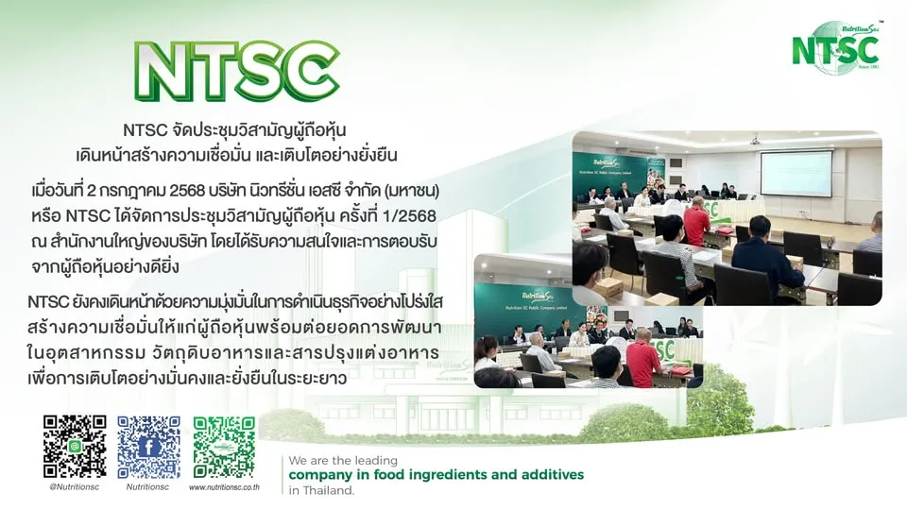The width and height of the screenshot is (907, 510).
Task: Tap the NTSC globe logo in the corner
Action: point(836,47)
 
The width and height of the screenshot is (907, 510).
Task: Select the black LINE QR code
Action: point(75,447)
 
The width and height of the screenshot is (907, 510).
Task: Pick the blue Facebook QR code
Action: point(148,447)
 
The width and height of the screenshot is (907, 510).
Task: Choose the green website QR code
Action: point(224,447)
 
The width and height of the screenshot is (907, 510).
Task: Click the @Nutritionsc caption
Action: point(75,487)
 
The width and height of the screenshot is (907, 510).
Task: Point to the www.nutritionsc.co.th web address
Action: point(224,487)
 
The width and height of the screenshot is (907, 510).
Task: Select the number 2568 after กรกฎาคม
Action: point(227,192)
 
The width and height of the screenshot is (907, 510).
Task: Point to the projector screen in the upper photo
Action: point(796,172)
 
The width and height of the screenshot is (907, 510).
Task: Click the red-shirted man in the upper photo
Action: point(696,223)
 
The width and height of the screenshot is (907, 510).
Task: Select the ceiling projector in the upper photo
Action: point(756,141)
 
